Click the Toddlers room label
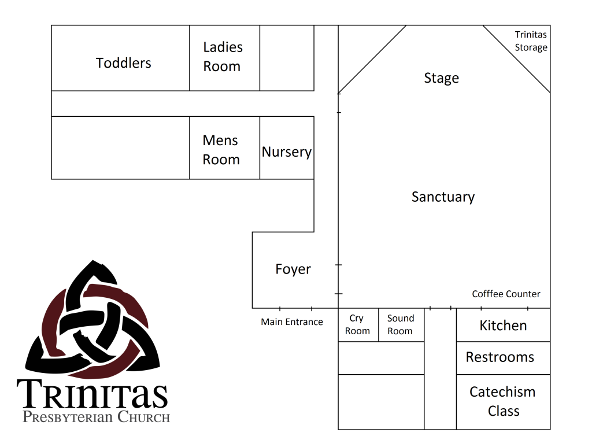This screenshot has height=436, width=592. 124,63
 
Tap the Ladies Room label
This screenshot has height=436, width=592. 223,57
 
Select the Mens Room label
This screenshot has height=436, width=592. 221,150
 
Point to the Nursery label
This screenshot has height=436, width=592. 287,152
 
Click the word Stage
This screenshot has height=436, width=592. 441,78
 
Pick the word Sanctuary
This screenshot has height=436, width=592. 443,197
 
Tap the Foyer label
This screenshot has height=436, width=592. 293,269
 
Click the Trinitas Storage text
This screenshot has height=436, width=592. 531,41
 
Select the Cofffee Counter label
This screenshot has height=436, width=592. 506,294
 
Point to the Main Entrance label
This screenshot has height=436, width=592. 292,322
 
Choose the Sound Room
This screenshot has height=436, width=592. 401,325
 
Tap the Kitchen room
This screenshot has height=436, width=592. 504,325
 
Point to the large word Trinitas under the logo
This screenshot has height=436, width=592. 92,394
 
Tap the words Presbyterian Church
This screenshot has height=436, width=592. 97,417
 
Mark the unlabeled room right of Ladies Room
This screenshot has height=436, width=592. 287,58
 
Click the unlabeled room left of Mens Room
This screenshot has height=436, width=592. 120,147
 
